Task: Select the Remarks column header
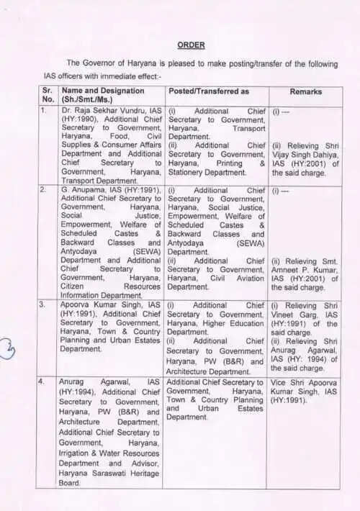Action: pos(305,92)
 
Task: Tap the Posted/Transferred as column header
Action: pos(208,92)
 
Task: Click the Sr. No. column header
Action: pos(48,96)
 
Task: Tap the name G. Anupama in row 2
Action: pos(86,190)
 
